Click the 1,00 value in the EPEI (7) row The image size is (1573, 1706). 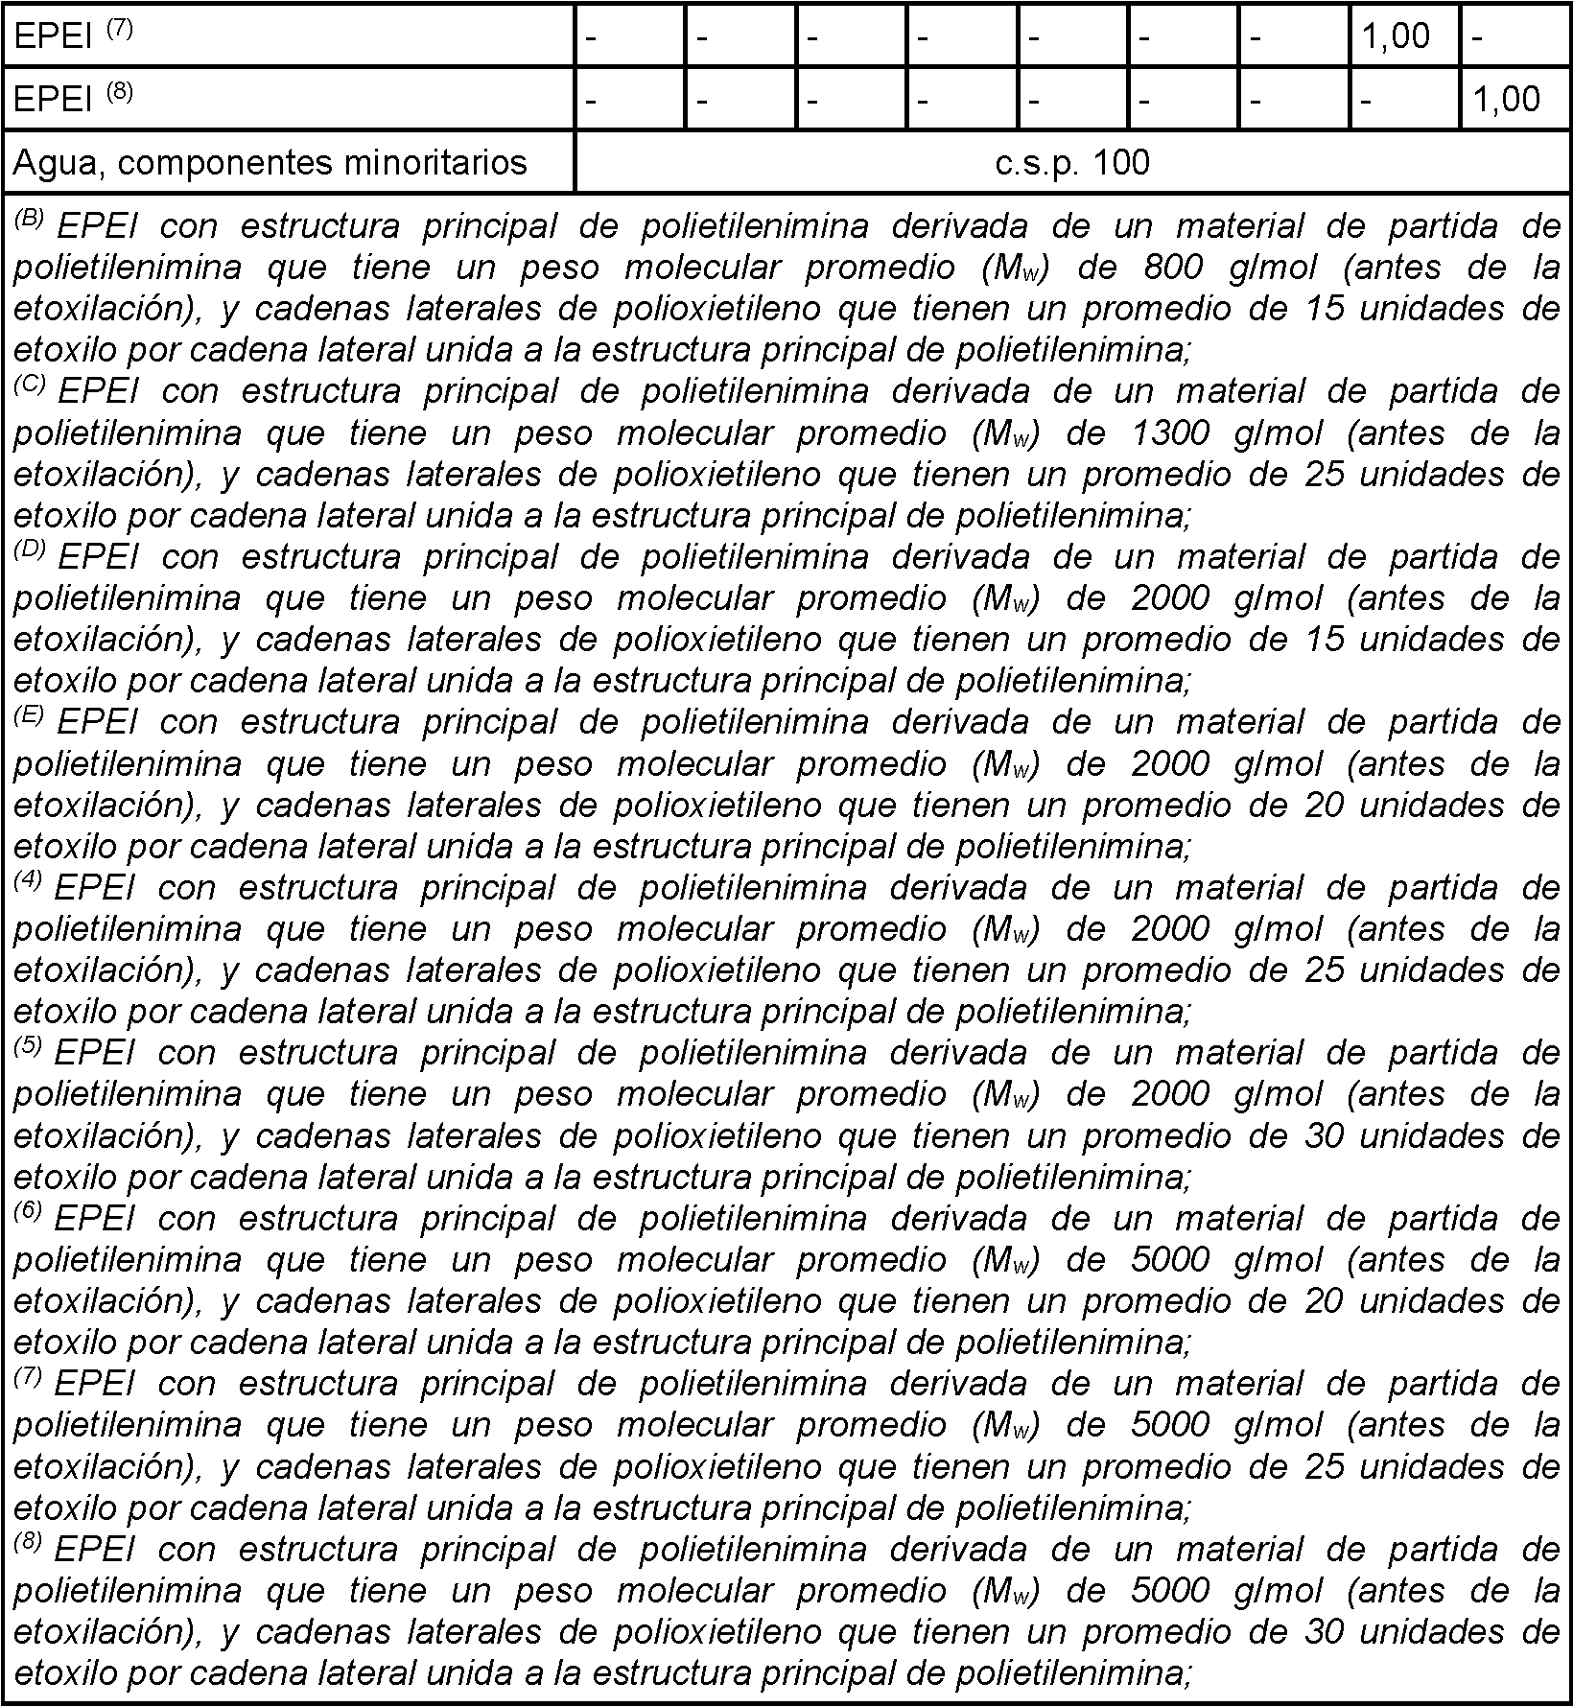coord(1396,36)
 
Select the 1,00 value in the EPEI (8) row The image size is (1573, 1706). coord(1506,100)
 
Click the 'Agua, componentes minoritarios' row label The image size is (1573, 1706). coord(270,163)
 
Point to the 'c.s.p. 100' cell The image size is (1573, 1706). coord(1071,163)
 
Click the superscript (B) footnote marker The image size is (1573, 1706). coord(30,219)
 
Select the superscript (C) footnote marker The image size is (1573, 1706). coord(30,384)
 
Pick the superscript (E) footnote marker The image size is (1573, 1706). coord(30,714)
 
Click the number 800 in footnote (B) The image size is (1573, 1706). coord(1172,268)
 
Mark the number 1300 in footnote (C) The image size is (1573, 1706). coord(1172,433)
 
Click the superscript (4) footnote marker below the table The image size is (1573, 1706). coord(28,880)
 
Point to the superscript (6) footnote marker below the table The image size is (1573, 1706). coord(28,1211)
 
